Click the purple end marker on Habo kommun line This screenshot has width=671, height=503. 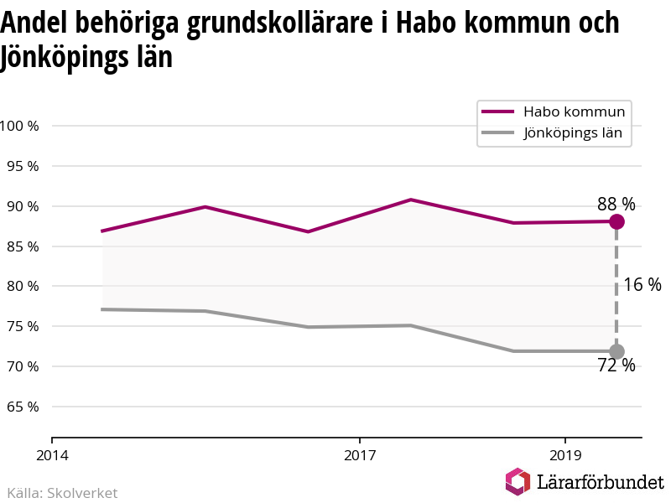[616, 221]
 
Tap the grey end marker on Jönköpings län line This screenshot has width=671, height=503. [616, 351]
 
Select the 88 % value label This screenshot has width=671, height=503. [616, 204]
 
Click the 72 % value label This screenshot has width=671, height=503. [616, 366]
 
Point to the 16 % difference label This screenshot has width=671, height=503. [642, 285]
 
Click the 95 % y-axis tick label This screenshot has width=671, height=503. [23, 166]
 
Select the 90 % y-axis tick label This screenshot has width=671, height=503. [23, 206]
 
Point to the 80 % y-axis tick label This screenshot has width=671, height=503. [23, 286]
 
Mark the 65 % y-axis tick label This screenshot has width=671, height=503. [23, 407]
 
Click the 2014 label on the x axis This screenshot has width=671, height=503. [52, 455]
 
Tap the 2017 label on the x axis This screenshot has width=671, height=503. [359, 455]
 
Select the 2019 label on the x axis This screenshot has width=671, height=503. [565, 455]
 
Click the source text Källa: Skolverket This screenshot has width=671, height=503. [62, 493]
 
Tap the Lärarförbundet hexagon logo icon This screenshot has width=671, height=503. [518, 482]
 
